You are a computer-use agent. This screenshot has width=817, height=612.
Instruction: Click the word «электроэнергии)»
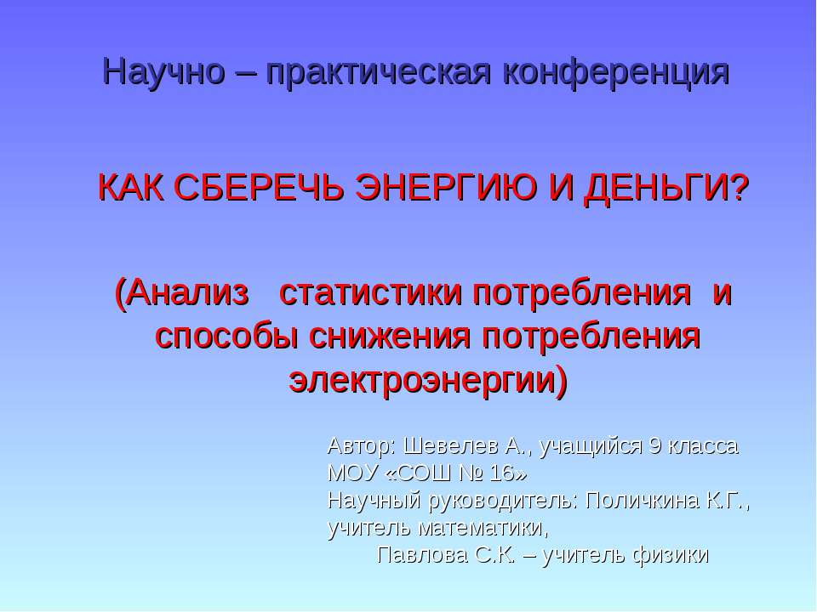click(428, 379)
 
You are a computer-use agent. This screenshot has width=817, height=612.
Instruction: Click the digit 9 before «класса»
click(654, 446)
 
